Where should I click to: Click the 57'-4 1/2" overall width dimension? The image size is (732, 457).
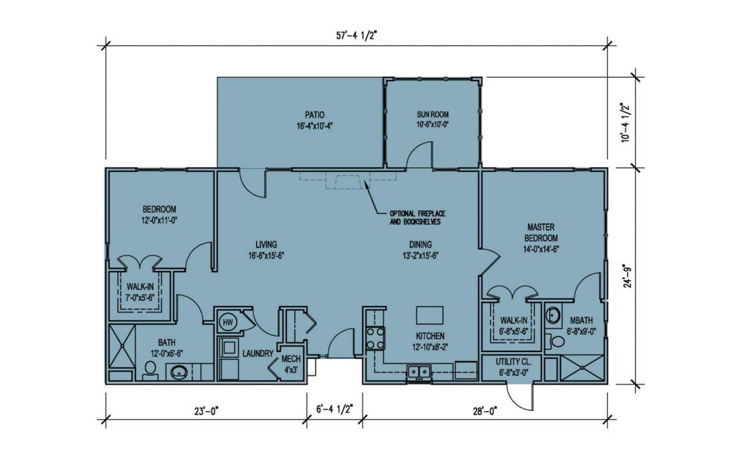357,36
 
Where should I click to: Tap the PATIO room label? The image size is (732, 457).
314,114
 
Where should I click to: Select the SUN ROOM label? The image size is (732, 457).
432,114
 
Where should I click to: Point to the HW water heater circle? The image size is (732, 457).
228,322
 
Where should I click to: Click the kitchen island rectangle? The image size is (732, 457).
430,315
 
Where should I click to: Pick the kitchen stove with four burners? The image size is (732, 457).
375,339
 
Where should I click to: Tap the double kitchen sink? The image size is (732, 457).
419,372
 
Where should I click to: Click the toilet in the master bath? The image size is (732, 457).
556,341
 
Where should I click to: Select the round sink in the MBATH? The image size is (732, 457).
553,315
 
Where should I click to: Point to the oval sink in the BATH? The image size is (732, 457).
179,372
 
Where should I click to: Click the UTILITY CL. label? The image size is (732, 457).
513,362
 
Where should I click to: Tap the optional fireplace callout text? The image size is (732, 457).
418,218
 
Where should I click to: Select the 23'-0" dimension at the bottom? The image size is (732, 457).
206,412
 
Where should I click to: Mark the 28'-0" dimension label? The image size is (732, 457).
485,412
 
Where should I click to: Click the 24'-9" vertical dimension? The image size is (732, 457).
628,276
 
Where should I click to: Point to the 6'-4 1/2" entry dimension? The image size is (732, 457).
334,410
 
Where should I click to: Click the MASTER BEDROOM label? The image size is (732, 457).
541,232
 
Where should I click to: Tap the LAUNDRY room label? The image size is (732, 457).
258,354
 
